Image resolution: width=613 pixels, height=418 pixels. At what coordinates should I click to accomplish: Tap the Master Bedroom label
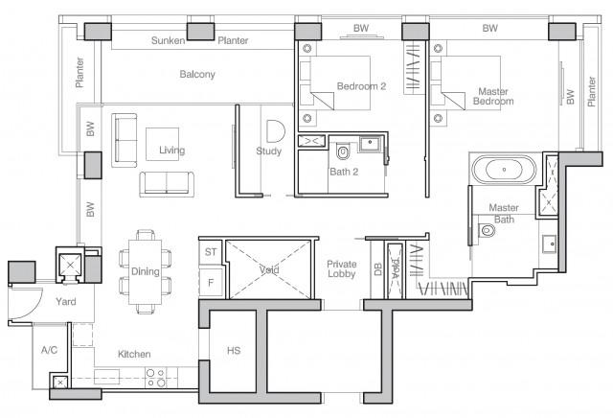point(492,96)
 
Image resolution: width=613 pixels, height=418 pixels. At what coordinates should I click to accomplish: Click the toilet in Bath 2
point(343,152)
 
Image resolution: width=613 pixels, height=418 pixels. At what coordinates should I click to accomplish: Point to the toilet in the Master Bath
point(488,231)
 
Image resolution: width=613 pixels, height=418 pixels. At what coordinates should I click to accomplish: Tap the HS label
point(233,352)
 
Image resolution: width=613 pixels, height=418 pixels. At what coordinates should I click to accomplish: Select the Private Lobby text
point(341,270)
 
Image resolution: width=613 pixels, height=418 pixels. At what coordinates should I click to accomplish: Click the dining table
point(147,271)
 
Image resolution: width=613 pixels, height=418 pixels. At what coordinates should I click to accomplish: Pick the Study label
point(268,151)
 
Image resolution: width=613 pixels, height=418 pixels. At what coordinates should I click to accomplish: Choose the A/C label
point(49,351)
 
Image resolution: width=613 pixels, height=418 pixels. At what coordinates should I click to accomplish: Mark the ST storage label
point(211,252)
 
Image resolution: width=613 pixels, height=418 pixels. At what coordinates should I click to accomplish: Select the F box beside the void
point(211,284)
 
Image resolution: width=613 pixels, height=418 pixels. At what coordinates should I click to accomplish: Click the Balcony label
point(197,74)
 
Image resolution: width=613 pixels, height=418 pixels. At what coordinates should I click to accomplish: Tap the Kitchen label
point(133,355)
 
